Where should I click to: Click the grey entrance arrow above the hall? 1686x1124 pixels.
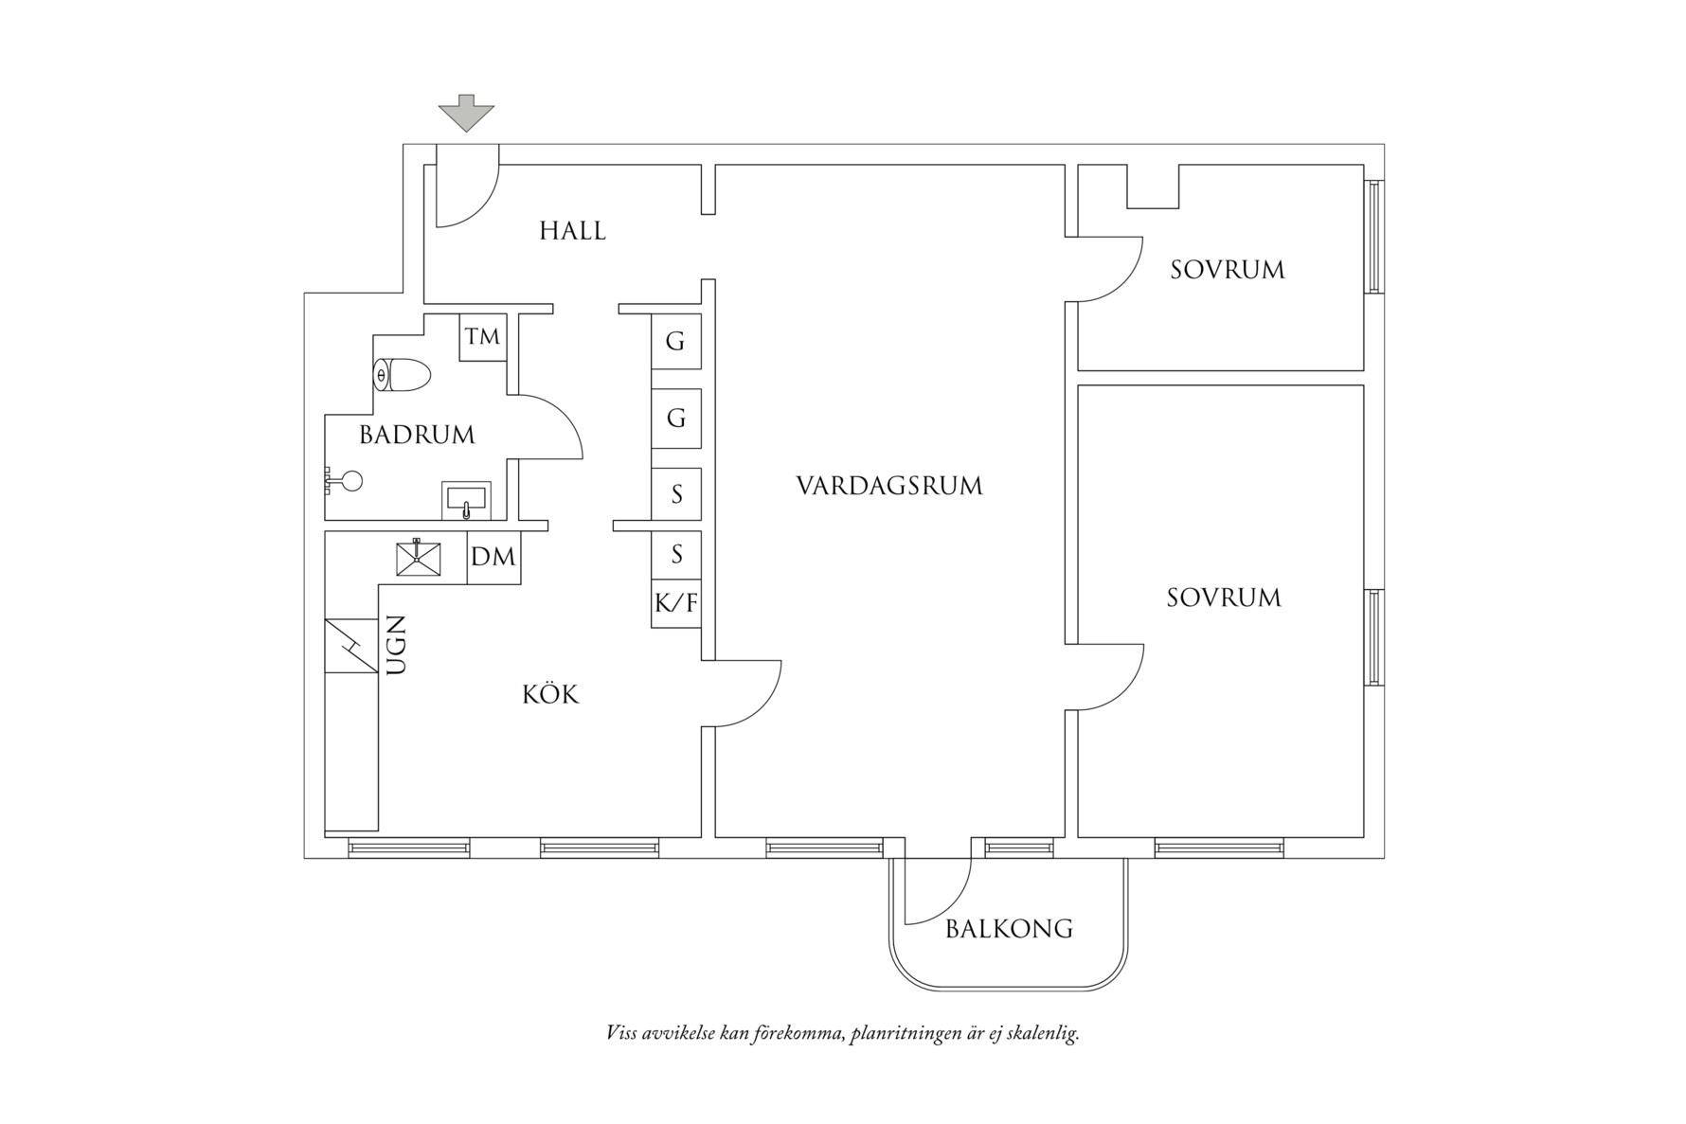466,113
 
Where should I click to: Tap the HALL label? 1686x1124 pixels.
572,230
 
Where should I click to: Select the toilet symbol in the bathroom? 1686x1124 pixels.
402,375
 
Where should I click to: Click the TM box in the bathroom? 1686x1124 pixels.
482,337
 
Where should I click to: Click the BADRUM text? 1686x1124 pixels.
417,435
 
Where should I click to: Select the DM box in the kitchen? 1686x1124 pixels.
493,557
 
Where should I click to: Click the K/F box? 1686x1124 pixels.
676,603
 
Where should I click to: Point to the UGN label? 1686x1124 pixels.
396,645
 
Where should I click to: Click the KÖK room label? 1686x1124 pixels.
550,695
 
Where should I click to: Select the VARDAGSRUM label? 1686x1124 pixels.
888,486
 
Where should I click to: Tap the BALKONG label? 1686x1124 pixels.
1009,928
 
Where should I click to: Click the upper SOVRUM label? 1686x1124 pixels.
1227,270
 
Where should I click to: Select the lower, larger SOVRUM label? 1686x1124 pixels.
1223,598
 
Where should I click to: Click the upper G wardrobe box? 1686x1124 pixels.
675,341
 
